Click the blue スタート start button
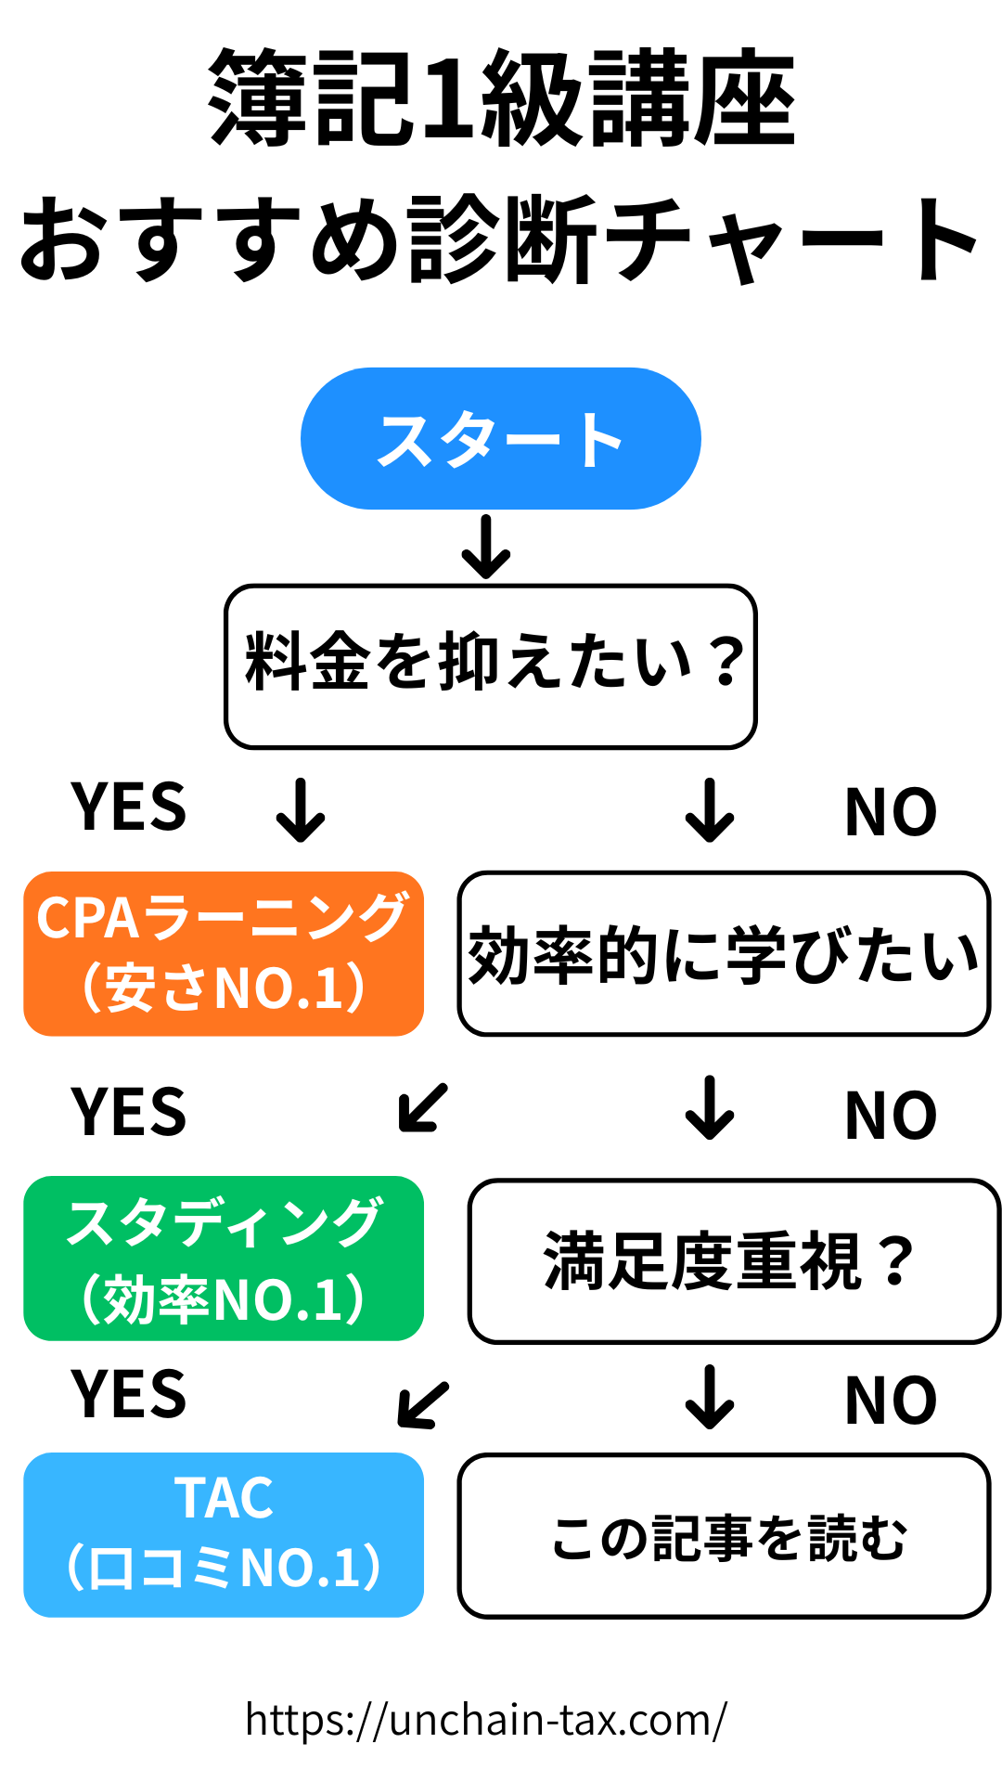tap(500, 439)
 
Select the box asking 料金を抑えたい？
tap(491, 666)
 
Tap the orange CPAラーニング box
tap(224, 953)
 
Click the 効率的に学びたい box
tap(724, 953)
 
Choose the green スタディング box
tap(224, 1258)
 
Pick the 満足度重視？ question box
tap(734, 1261)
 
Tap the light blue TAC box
tap(224, 1534)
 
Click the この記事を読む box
tap(724, 1536)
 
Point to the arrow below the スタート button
tap(486, 547)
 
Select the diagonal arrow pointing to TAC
tap(423, 1404)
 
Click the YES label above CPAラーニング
tap(129, 807)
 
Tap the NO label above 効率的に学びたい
tap(891, 812)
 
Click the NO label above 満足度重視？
tap(891, 1116)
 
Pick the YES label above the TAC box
tap(129, 1394)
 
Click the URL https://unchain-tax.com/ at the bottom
tap(486, 1720)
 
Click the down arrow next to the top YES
tap(301, 809)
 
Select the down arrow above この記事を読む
tap(710, 1396)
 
